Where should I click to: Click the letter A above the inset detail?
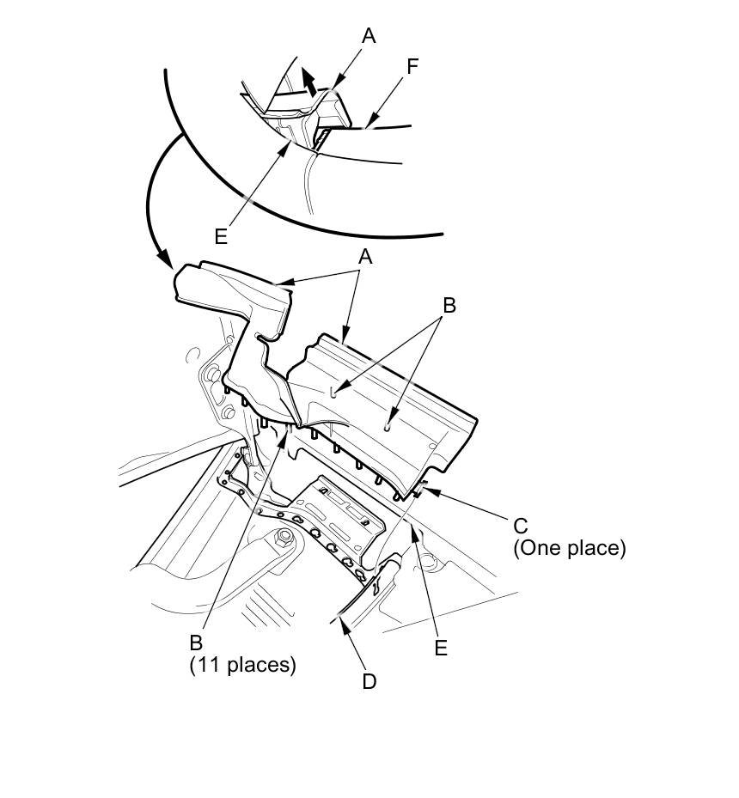369,36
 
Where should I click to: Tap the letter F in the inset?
412,67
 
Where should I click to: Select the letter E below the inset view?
221,236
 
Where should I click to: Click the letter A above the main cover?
365,257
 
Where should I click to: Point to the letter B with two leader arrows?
448,304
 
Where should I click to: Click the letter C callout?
520,525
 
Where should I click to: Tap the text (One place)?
569,548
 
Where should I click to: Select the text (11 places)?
242,664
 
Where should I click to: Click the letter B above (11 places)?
196,642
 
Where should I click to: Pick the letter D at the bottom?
369,681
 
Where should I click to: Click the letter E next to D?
441,648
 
